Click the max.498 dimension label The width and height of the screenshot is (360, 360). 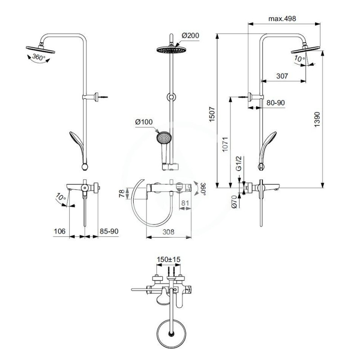coord(282,18)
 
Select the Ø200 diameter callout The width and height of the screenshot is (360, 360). coord(190,36)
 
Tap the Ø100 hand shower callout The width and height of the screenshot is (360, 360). coord(144,121)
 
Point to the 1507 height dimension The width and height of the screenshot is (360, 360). coord(212,114)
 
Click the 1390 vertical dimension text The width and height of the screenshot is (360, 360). coord(317,119)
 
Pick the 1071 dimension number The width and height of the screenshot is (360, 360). coord(225,144)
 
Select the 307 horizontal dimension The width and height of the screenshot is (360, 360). coord(282,76)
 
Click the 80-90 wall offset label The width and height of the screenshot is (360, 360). coord(275,103)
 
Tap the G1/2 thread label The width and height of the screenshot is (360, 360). coord(239,163)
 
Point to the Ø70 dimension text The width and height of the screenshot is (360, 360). coord(234,202)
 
